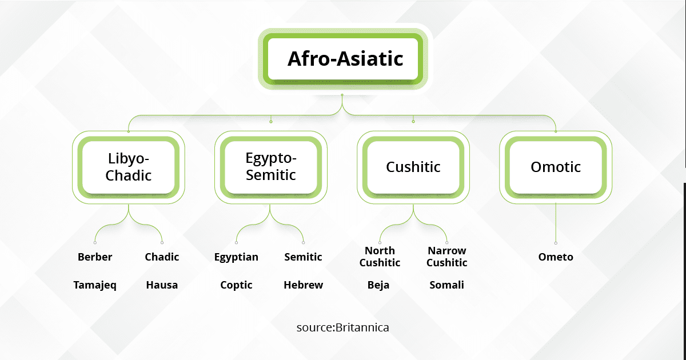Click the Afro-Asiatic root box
pos(342,59)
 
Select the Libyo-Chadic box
pos(128,167)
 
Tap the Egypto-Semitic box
pos(271,167)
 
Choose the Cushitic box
pos(413,167)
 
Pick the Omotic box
pos(556,167)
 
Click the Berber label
pos(95,257)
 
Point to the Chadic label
pos(162,257)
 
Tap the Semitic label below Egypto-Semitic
pos(303,257)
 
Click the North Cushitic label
pos(380,257)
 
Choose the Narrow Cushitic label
pos(447,257)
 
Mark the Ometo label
pos(556,257)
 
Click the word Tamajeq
pos(95,285)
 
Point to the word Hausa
pos(162,285)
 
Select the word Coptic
pos(236,286)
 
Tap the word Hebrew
pos(303,285)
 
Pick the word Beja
pos(378,285)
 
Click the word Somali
pos(446,285)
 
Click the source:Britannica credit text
pos(342,327)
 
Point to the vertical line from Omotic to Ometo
pos(556,222)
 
